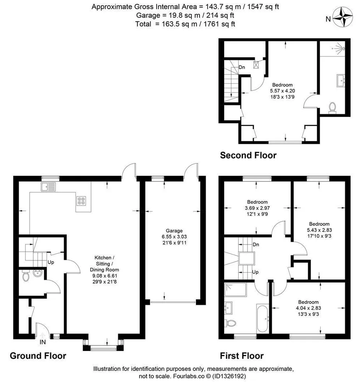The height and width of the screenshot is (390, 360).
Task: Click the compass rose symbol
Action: point(343,17)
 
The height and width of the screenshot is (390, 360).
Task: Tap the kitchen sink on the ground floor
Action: point(48,187)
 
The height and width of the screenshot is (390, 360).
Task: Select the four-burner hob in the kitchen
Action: point(82,201)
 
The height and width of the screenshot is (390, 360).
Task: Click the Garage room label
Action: point(174,230)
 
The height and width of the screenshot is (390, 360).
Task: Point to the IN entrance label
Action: point(43,342)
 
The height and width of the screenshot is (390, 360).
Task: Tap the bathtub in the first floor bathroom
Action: point(262,318)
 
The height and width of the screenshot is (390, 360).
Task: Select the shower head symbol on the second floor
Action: point(340,48)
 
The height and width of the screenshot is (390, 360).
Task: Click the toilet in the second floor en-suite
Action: point(332,108)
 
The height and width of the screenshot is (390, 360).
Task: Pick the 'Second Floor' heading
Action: point(248,155)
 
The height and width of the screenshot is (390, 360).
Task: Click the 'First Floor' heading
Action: point(241,356)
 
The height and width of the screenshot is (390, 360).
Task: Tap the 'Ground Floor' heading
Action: point(38,356)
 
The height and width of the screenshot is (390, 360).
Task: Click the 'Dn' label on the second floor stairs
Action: point(242,67)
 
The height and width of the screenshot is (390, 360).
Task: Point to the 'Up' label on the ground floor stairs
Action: point(51,262)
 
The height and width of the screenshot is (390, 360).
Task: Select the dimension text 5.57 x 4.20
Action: point(282,91)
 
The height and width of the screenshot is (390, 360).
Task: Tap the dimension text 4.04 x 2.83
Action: point(308,308)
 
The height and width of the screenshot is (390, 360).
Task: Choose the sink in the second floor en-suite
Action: point(341,80)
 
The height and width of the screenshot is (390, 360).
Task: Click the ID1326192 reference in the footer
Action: point(229,376)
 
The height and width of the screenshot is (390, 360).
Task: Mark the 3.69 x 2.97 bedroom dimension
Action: point(257,208)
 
